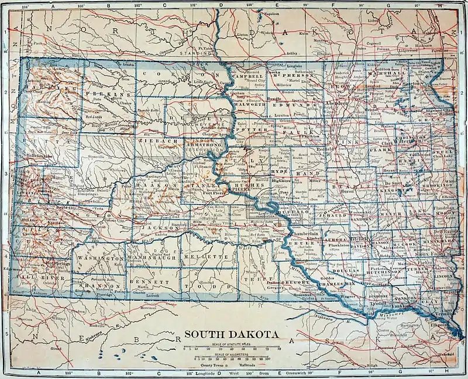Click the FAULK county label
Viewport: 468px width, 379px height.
coord(291,133)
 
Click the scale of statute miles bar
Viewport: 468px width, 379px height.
coord(230,347)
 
